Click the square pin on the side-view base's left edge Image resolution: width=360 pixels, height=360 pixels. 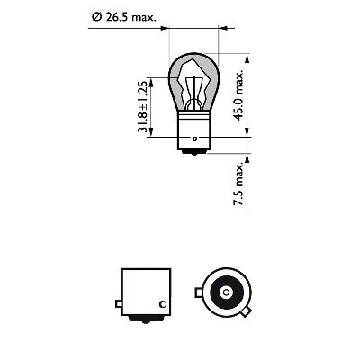click(119, 292)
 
